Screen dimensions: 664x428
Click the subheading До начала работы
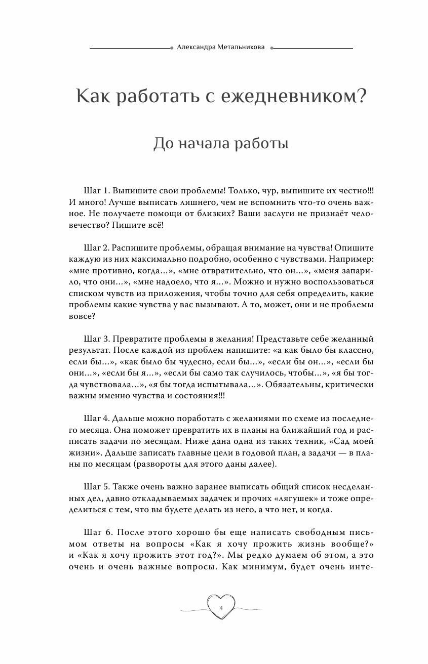pyautogui.click(x=221, y=144)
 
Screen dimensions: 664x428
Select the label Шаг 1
pyautogui.click(x=96, y=191)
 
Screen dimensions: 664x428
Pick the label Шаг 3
pyautogui.click(x=96, y=339)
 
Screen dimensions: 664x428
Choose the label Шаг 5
pyautogui.click(x=96, y=486)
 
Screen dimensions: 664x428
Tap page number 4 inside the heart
pyautogui.click(x=221, y=607)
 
